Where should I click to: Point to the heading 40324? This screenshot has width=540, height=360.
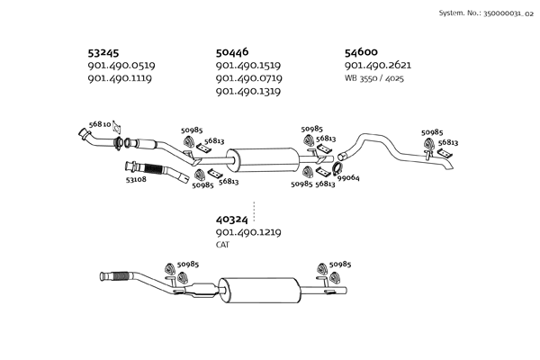(232, 219)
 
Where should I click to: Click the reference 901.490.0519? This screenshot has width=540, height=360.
(121, 66)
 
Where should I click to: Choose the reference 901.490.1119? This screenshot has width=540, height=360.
(121, 78)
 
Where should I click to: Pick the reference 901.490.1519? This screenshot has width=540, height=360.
(249, 66)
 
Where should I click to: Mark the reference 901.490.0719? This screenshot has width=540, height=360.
(249, 78)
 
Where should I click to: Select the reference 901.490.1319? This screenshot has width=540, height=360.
(249, 91)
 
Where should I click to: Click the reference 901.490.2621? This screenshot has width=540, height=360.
(378, 66)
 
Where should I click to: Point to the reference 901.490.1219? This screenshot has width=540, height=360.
(249, 231)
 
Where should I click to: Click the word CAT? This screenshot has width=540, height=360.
(222, 244)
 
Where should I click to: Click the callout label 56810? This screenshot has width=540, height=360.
(100, 124)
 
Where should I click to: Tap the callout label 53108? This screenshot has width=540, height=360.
(137, 179)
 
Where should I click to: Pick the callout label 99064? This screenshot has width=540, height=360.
(348, 178)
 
